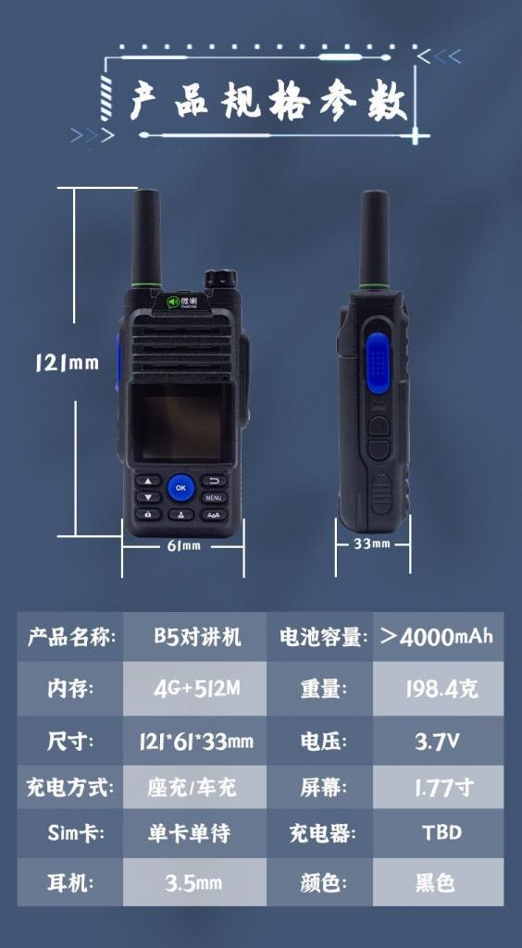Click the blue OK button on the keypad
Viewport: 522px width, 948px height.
(180, 487)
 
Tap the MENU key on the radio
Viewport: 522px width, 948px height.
(214, 498)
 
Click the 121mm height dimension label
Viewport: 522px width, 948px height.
(67, 363)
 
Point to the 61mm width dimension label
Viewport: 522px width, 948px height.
(183, 546)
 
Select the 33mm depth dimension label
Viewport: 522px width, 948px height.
(371, 544)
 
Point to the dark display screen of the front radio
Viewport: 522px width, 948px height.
(180, 420)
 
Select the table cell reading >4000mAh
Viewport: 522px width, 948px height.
(438, 636)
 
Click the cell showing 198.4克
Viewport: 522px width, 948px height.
(438, 689)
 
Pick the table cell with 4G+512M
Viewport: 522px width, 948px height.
(194, 689)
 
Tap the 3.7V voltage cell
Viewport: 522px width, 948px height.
(438, 741)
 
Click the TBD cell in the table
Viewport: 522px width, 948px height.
(438, 833)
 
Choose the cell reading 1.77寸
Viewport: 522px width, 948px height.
(438, 787)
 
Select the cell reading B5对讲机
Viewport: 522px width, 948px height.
(194, 636)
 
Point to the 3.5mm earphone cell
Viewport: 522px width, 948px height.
(194, 882)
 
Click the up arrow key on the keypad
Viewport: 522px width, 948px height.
(149, 480)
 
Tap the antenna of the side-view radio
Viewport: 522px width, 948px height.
(375, 239)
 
